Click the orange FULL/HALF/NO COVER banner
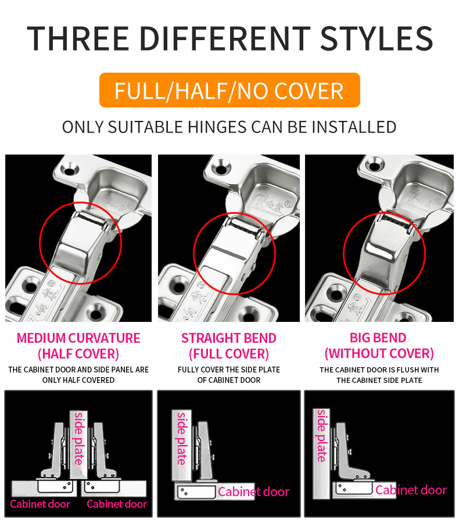[229, 91]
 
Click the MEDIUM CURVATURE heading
[78, 338]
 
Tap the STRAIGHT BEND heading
[229, 338]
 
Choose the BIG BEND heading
[379, 338]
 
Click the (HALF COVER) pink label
[78, 353]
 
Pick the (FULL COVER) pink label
[229, 353]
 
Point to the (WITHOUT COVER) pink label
[379, 353]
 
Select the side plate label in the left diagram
[78, 438]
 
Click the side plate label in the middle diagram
[182, 438]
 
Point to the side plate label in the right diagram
[321, 435]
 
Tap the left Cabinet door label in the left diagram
[40, 504]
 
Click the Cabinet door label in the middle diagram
[253, 492]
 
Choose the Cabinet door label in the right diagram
[411, 490]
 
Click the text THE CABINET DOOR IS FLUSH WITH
[379, 370]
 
